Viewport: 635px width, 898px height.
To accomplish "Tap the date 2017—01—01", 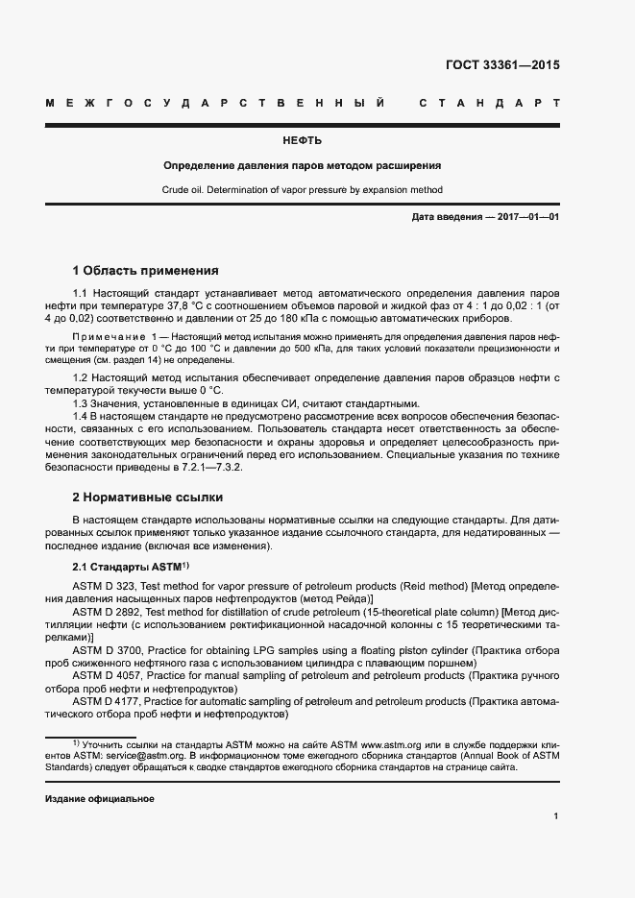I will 523,217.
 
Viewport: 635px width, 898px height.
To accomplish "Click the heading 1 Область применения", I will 146,270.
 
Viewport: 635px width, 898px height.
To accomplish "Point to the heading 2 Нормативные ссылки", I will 147,498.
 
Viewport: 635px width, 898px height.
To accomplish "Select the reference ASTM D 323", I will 104,585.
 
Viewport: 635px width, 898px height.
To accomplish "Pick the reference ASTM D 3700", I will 107,651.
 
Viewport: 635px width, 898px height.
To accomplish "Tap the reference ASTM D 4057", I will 107,677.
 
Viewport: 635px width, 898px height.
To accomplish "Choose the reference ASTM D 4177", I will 107,702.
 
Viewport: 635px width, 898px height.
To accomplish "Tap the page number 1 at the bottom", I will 556,816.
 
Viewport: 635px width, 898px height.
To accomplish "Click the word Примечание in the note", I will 104,338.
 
